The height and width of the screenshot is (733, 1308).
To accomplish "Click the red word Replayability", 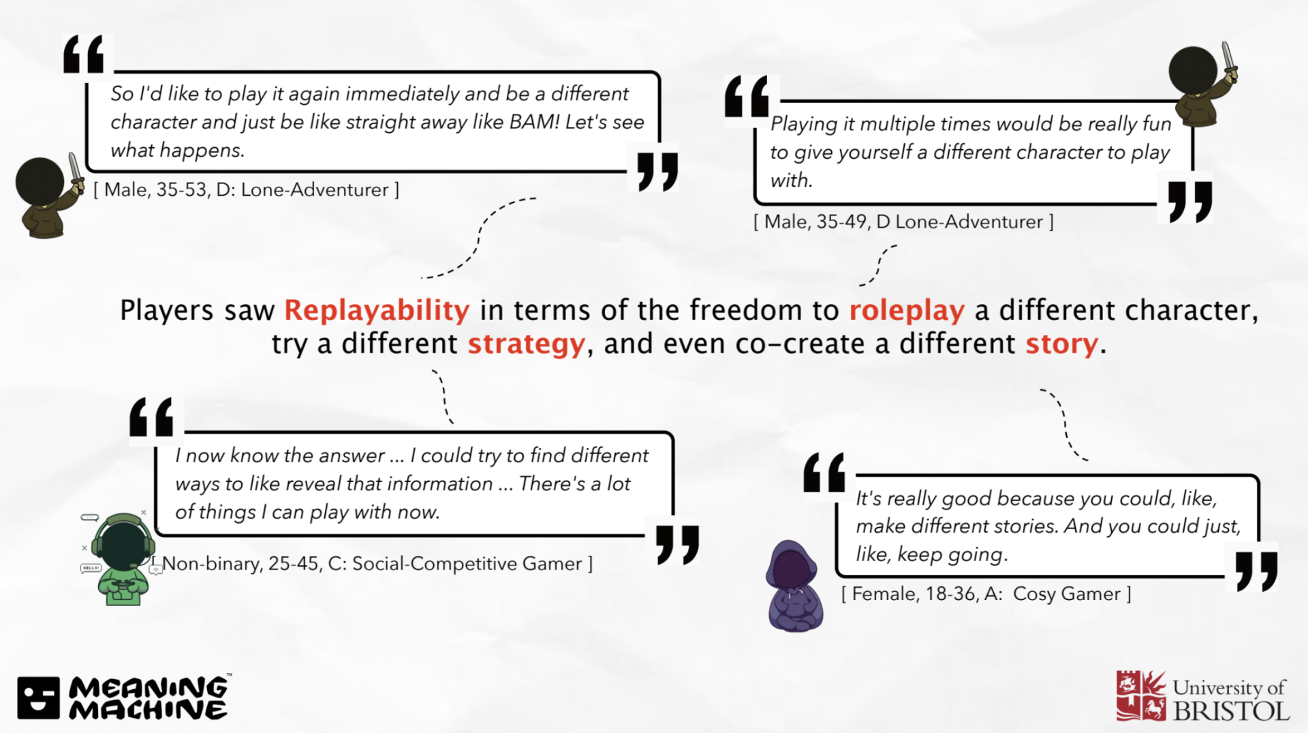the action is tap(377, 311).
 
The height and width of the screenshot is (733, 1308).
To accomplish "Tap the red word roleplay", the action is tap(907, 311).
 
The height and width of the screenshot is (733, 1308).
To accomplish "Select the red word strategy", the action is tap(527, 344).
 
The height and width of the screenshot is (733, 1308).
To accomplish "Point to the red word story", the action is tap(1062, 344).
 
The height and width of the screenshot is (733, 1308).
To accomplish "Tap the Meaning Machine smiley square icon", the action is tap(39, 698).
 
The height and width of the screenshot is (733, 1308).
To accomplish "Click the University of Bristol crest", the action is tap(1141, 695).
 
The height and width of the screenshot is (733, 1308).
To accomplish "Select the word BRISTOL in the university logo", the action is tap(1231, 711).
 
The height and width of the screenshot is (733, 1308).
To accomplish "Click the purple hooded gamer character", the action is tap(795, 586).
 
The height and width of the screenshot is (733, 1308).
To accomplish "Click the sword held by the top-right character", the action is tap(1228, 59).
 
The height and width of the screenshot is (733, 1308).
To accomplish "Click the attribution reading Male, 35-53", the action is tap(246, 190).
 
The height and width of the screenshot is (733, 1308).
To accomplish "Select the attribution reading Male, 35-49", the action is tap(903, 222).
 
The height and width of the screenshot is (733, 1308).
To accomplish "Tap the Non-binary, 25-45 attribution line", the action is tap(372, 564).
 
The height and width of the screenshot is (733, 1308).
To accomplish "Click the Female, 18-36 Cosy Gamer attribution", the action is tap(986, 594).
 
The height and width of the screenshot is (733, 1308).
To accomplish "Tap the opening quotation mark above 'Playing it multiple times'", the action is tap(747, 96).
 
